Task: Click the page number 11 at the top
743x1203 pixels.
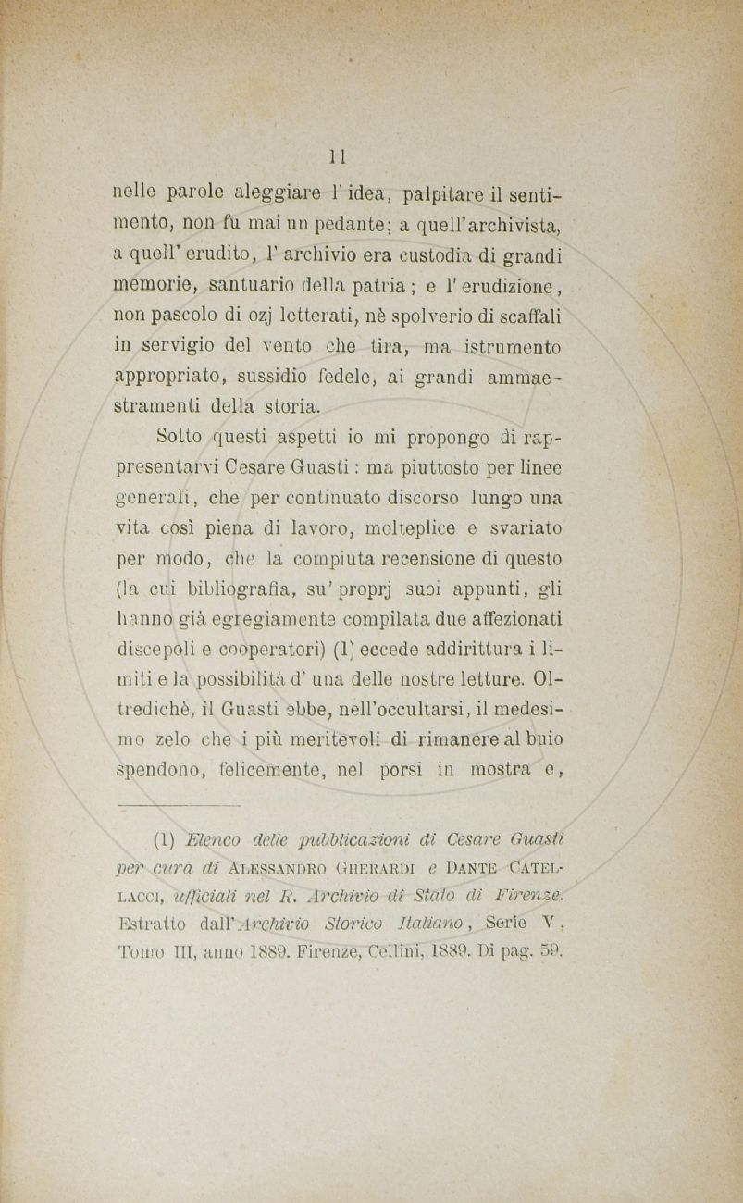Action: point(338,155)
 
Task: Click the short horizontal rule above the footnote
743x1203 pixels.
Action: point(193,806)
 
